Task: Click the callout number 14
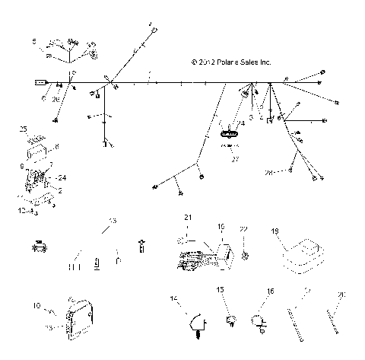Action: click(172, 297)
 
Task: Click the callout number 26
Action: click(56, 100)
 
